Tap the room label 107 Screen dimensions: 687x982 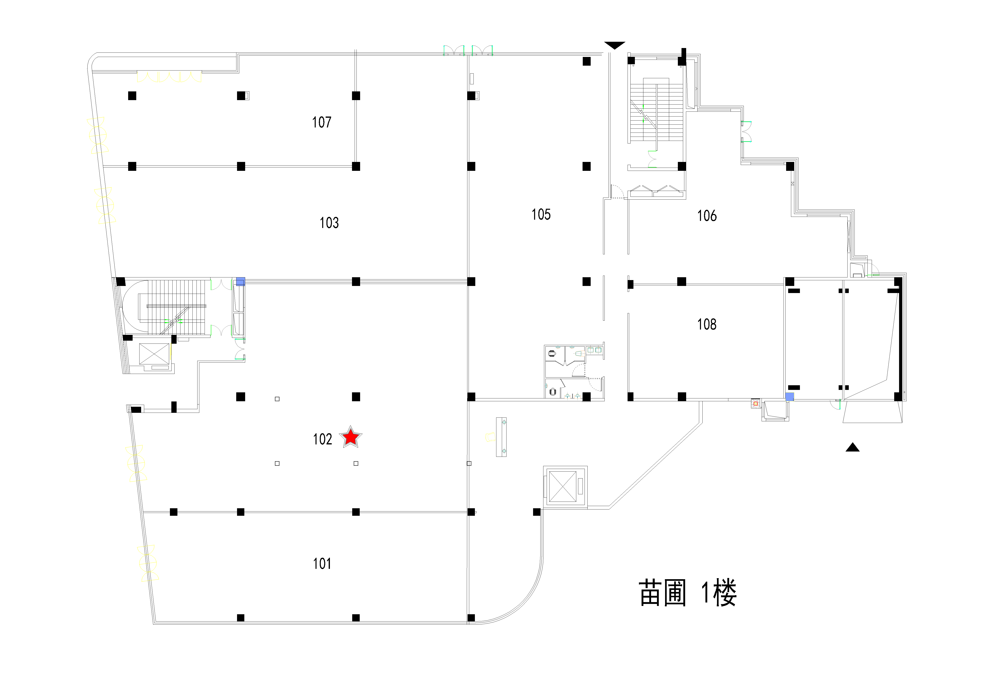[322, 122]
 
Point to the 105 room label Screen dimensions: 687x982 [541, 214]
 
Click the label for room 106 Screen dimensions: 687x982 [707, 215]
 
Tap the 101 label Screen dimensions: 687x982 [322, 563]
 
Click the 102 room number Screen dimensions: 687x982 [322, 439]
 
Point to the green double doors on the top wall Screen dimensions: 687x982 [468, 50]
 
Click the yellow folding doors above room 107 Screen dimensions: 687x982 [169, 77]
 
